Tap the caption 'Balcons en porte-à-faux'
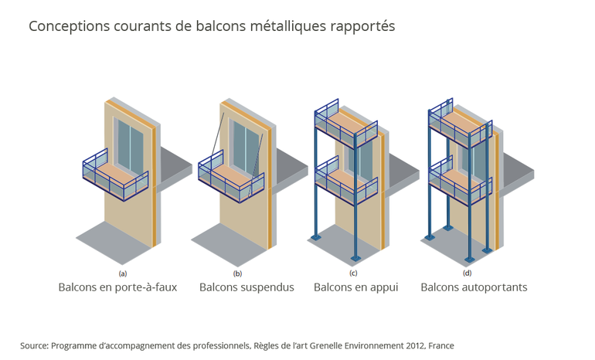coord(117,287)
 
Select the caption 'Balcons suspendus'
coord(246,287)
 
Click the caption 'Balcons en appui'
coord(355,287)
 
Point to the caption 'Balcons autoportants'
coord(474,287)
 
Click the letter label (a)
coord(122,273)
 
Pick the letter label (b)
coord(237,273)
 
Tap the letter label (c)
coord(353,273)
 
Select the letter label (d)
coord(467,273)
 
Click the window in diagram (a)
coord(130,147)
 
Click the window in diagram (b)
coord(246,147)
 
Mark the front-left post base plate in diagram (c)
coord(314,236)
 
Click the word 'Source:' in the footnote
coord(34,345)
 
